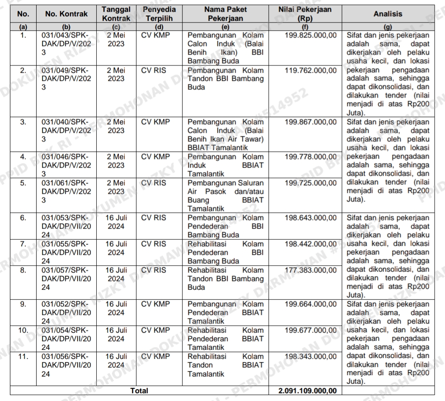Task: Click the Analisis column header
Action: coord(388,14)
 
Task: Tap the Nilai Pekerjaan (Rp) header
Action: coord(305,14)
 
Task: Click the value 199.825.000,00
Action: coord(310,34)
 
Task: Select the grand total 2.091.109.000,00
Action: coord(308,391)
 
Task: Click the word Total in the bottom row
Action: coord(139,391)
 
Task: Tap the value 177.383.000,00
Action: coord(310,270)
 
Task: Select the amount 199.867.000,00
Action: coord(310,121)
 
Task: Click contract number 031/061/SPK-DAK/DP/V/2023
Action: coord(66,191)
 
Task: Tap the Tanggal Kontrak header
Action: coord(116,14)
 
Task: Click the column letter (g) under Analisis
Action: coord(388,26)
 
